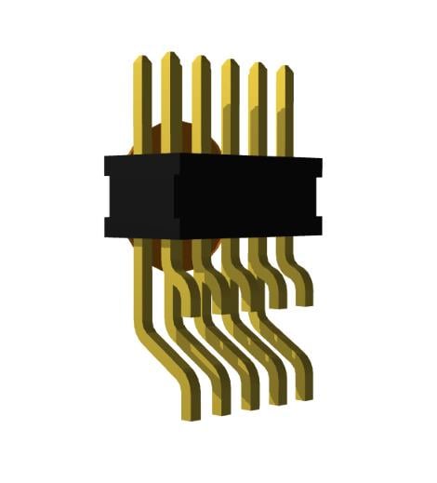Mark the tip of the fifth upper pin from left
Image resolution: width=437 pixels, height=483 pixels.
pos(258,66)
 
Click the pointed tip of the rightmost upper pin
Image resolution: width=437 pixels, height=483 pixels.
pos(285,69)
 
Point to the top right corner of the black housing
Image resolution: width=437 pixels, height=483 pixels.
pos(322,159)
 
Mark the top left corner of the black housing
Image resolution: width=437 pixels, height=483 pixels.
pos(105,156)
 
